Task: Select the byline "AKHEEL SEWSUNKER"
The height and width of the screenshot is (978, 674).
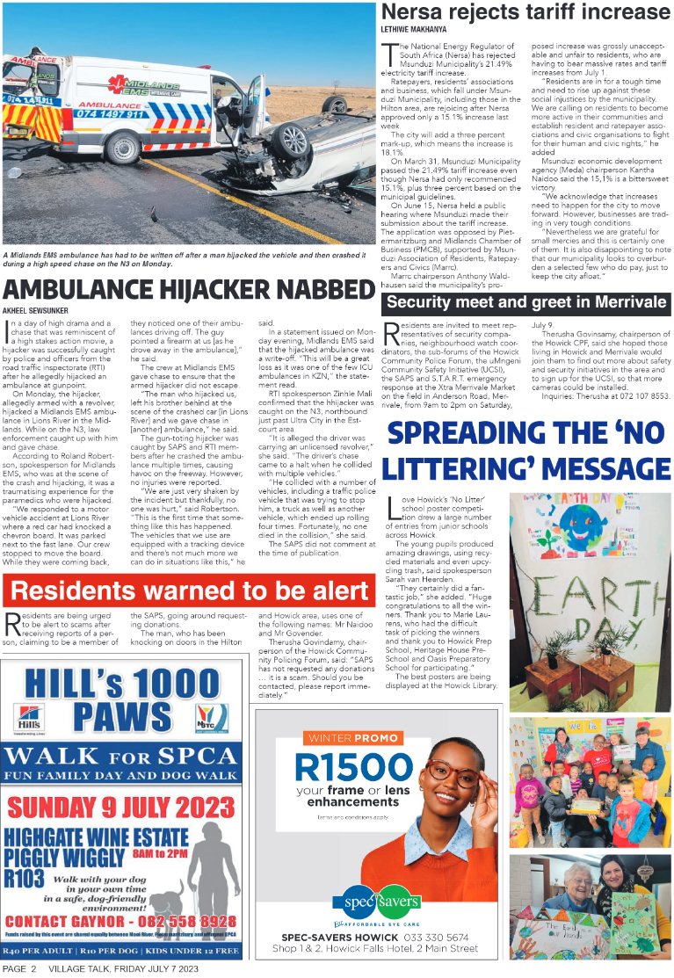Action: (36, 310)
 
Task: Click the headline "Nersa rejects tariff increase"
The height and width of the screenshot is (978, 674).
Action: (525, 11)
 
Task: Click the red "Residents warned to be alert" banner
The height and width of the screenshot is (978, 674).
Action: (188, 590)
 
